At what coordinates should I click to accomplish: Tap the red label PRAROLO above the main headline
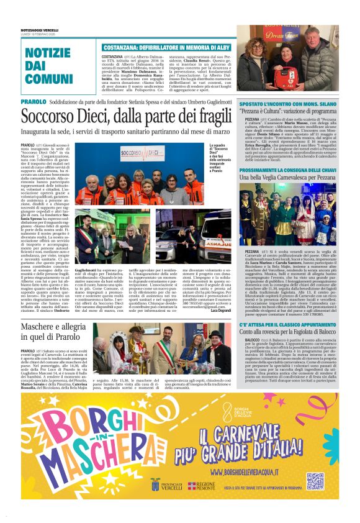33,101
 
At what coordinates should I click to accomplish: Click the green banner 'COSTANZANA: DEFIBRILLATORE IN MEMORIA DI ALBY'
160,47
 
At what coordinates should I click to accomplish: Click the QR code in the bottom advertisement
315,481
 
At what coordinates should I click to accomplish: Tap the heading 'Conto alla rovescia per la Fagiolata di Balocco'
289,332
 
